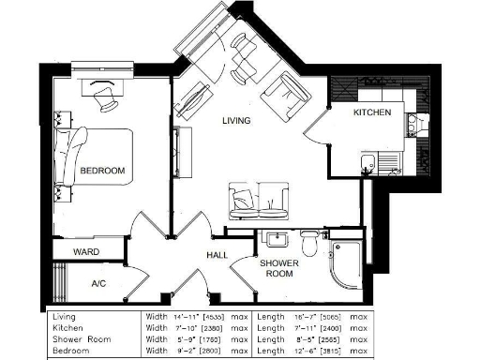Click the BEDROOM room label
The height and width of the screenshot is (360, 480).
tap(102, 171)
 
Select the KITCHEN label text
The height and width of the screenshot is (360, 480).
tap(370, 112)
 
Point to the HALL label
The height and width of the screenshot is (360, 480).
tap(218, 255)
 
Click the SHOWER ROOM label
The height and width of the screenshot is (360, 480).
tap(279, 269)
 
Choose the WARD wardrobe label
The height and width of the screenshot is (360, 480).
tap(87, 251)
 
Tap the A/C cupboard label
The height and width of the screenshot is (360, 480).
tap(98, 283)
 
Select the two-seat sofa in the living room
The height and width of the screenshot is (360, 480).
tap(256, 199)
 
